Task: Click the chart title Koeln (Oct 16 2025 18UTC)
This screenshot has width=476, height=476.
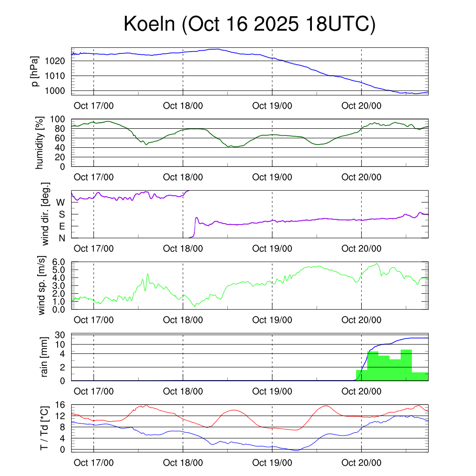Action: [249, 25]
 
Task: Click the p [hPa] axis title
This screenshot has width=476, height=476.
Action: [36, 72]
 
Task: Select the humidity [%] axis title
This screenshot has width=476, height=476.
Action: [40, 143]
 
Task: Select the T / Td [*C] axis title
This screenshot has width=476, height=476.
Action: [45, 428]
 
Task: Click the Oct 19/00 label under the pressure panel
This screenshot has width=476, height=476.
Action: [272, 106]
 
